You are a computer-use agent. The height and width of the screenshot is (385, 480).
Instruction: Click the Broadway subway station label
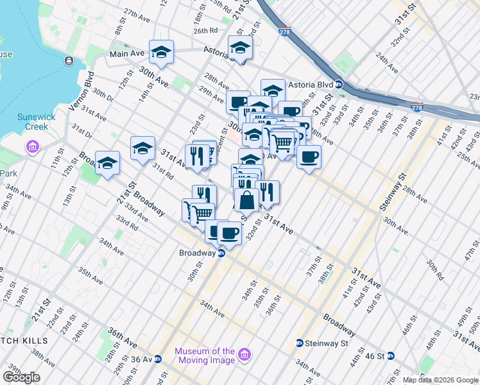(x=197, y=253)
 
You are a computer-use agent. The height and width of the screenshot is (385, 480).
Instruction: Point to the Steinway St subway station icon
(x=299, y=343)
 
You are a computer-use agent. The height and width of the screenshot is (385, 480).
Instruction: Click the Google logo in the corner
(x=21, y=377)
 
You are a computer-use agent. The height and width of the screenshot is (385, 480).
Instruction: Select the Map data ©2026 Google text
(x=440, y=380)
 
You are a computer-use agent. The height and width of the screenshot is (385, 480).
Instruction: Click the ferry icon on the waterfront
(x=68, y=61)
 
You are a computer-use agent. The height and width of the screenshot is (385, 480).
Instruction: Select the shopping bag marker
(x=247, y=200)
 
